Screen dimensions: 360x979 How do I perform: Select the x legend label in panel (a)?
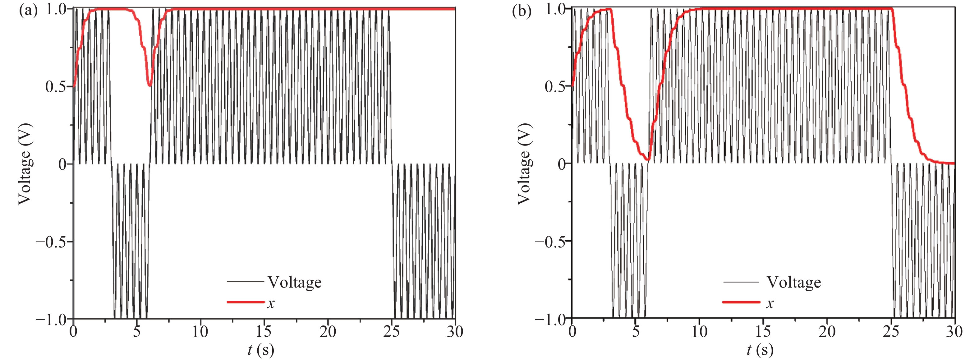(x=271, y=303)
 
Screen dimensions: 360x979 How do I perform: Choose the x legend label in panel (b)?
(x=770, y=303)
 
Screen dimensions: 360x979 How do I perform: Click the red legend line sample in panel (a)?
(x=246, y=302)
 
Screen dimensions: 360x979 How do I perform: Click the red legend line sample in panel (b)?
(x=741, y=302)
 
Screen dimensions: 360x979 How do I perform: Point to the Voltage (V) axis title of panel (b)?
(x=524, y=164)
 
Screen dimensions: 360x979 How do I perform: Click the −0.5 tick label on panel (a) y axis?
(x=53, y=242)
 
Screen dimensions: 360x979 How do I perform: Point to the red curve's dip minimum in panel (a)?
(x=150, y=85)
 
